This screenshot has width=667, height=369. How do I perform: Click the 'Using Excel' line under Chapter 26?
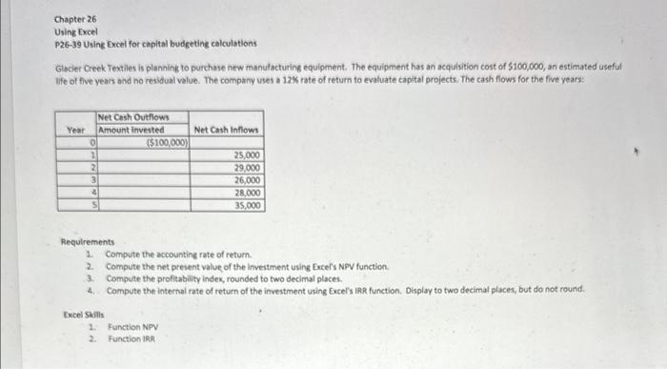(x=73, y=31)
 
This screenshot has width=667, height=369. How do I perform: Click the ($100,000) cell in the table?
(x=168, y=142)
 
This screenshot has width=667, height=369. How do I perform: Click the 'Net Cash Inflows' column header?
(x=226, y=130)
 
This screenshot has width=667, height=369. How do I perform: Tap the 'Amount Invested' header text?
(x=131, y=130)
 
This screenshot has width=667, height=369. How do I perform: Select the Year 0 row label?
(x=91, y=142)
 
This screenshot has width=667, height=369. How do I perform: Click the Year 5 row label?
(x=91, y=204)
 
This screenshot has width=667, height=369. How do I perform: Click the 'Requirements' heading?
(x=87, y=242)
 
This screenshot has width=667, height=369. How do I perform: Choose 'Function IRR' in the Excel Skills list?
(x=131, y=338)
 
